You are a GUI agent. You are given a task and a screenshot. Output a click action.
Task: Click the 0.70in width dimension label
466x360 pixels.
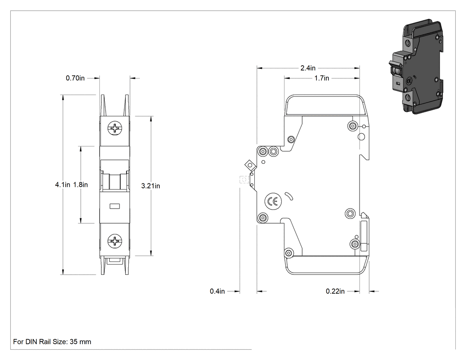[75, 78]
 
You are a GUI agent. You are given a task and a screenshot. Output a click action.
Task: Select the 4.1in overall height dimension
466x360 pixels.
[63, 185]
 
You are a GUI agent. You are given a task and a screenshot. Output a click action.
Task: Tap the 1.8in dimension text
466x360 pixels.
[80, 185]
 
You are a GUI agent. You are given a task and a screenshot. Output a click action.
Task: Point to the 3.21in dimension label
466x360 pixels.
[151, 186]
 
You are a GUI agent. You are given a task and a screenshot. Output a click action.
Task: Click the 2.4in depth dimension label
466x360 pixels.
[308, 68]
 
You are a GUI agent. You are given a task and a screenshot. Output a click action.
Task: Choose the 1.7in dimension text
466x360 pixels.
[322, 78]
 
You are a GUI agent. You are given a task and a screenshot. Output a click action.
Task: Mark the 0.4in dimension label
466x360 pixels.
[217, 291]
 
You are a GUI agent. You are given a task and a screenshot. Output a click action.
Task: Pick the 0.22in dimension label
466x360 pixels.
[335, 291]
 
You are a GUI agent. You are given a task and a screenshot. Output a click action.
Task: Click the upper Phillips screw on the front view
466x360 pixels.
[115, 129]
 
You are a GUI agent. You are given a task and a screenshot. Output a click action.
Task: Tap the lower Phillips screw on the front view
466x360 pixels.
[115, 241]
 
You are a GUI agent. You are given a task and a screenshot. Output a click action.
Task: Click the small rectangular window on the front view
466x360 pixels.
[115, 206]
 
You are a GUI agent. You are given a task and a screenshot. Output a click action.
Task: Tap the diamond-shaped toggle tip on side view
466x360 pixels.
[249, 164]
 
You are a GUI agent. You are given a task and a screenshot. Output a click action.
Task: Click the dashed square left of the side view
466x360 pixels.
[244, 179]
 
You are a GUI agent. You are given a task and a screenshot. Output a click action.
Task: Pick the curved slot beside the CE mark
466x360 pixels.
[289, 196]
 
